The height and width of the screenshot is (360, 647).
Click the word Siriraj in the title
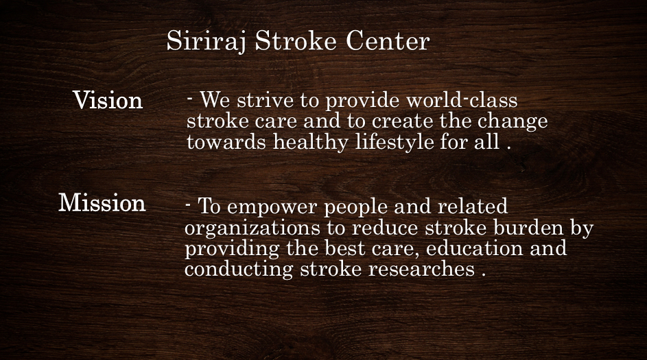(x=207, y=42)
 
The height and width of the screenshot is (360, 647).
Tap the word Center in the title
(x=388, y=41)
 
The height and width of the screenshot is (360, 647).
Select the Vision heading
(x=108, y=100)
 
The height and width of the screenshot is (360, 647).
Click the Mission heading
(x=102, y=202)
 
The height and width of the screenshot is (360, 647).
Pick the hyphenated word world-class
(x=462, y=101)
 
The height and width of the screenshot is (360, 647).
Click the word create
(x=402, y=121)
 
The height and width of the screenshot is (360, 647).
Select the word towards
(x=226, y=142)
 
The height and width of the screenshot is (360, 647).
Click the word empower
(x=272, y=207)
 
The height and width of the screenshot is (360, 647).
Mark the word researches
(x=421, y=269)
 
